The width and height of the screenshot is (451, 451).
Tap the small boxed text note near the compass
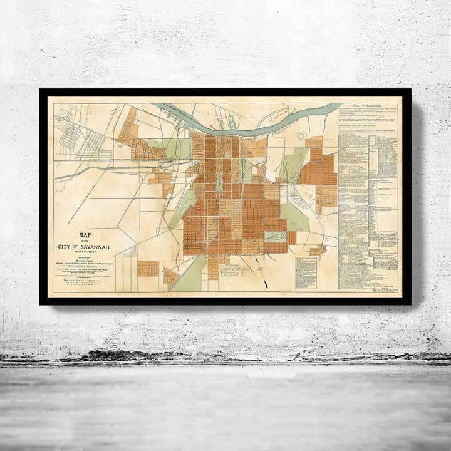pyautogui.click(x=306, y=272)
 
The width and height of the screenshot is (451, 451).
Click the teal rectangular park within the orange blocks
pyautogui.click(x=274, y=236)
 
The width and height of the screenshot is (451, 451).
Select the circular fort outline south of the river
pyautogui.click(x=301, y=136)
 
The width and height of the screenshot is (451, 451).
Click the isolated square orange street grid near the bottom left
pyautogui.click(x=148, y=269)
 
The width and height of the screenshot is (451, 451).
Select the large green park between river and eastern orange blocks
pyautogui.click(x=293, y=164)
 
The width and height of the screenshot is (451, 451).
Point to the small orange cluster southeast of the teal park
pyautogui.click(x=317, y=250)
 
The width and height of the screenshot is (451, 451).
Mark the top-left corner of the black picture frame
pyautogui.click(x=40, y=90)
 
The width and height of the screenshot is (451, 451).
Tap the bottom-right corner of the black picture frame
pyautogui.click(x=410, y=304)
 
